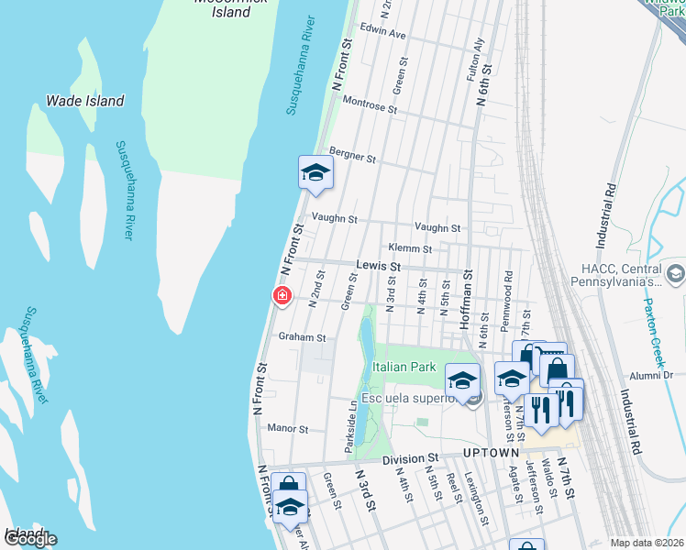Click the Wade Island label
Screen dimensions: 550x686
click(85, 101)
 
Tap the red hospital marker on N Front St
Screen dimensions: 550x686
click(282, 295)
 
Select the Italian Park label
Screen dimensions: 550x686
click(404, 367)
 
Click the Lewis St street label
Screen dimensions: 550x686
click(379, 266)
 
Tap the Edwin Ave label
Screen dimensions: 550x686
click(382, 33)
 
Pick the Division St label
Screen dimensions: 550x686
click(412, 458)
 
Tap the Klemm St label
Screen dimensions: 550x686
click(409, 248)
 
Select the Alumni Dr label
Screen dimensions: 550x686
click(651, 375)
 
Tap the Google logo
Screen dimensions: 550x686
click(29, 539)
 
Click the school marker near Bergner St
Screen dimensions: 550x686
click(315, 172)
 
